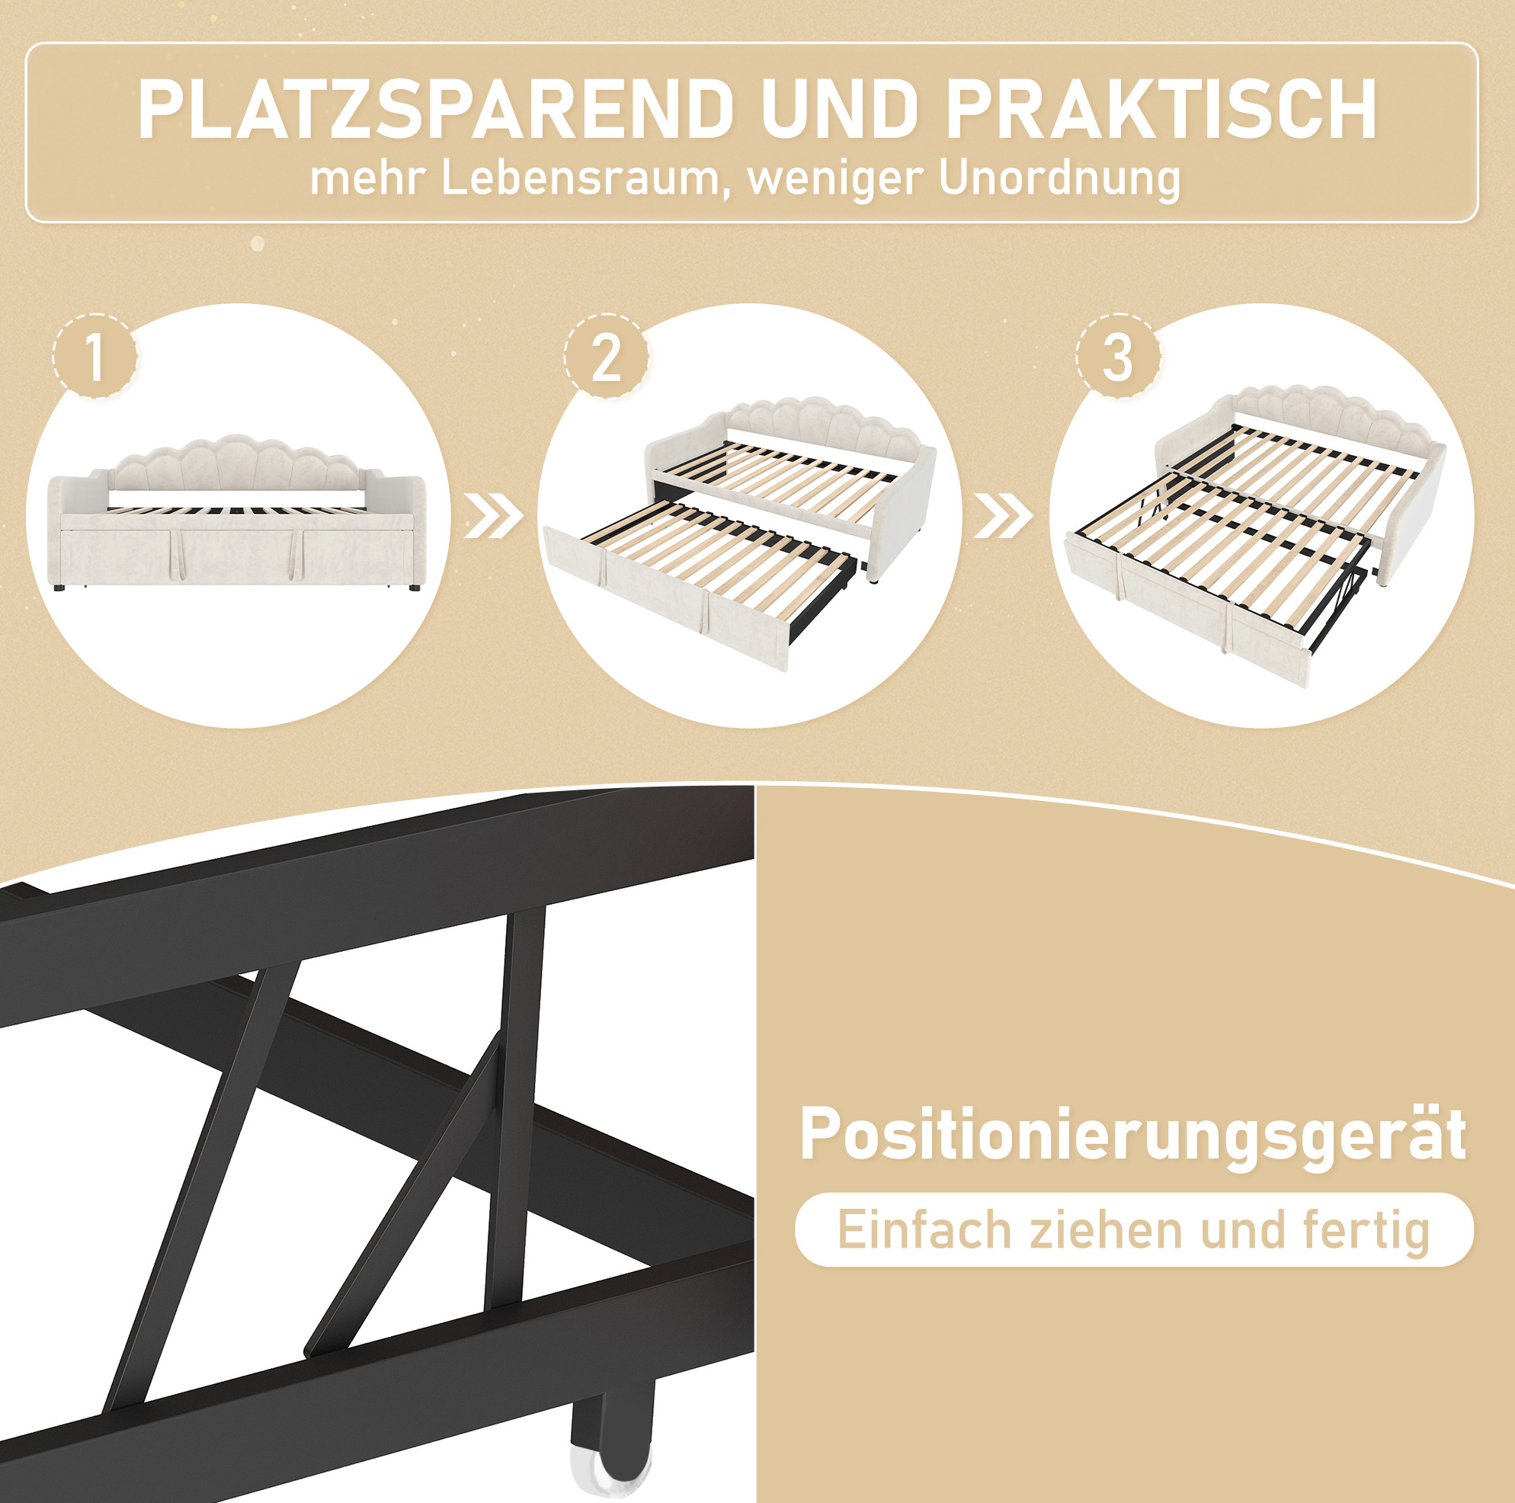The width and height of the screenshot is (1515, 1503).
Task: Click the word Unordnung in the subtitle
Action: point(1059,180)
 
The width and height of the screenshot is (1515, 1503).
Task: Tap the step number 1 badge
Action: point(96,357)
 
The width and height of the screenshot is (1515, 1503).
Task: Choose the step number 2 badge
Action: point(606,357)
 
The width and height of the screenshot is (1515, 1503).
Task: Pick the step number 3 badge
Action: point(1117,357)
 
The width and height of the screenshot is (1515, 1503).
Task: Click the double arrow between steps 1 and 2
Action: point(493,515)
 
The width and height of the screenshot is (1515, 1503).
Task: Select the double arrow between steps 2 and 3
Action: point(1004,515)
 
